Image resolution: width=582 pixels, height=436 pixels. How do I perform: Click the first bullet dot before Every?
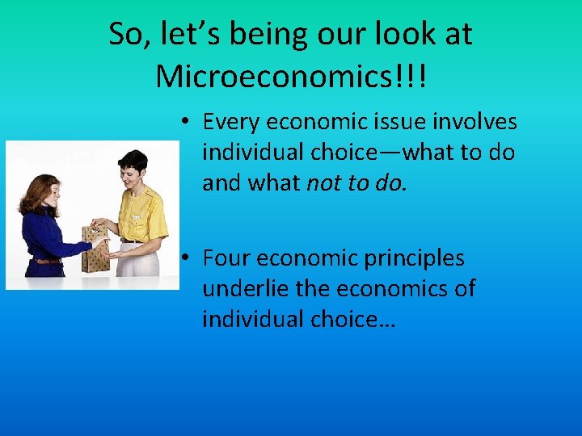(x=185, y=122)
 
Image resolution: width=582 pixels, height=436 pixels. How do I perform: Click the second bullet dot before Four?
(x=185, y=259)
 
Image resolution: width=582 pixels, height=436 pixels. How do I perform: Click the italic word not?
(x=323, y=183)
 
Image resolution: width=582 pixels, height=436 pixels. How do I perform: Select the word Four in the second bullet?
(x=229, y=258)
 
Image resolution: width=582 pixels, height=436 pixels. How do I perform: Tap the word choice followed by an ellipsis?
(x=349, y=319)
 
